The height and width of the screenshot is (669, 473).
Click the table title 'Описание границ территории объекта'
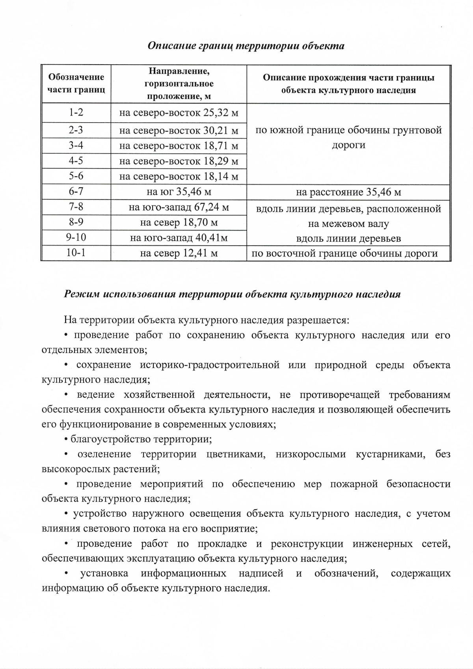pos(246,46)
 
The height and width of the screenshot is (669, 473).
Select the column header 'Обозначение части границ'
pos(76,83)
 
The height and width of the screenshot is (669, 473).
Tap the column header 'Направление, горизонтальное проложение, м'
pos(179,84)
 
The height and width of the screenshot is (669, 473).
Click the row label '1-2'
pos(76,112)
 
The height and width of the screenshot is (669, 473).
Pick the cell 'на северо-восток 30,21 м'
pos(179,130)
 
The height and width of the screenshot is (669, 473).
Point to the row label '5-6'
pos(76,176)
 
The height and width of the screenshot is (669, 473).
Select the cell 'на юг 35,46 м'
pos(179,192)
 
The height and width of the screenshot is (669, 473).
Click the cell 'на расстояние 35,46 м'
pos(348,192)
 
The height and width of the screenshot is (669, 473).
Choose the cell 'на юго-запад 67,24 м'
pos(179,207)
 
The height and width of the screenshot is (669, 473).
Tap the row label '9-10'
pos(76,238)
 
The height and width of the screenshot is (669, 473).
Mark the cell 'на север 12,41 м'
pos(179,253)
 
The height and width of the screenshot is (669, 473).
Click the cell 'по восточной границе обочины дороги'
pos(345,253)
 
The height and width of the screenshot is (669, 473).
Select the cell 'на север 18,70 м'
pos(179,223)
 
